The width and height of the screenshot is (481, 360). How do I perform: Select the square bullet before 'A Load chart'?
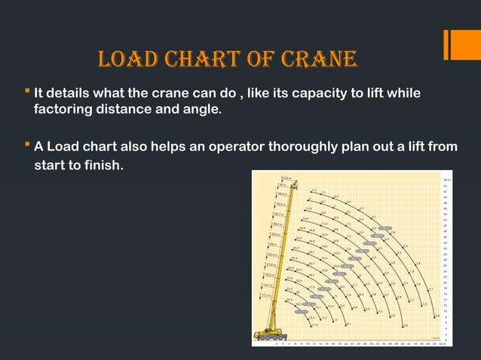point(27,146)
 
